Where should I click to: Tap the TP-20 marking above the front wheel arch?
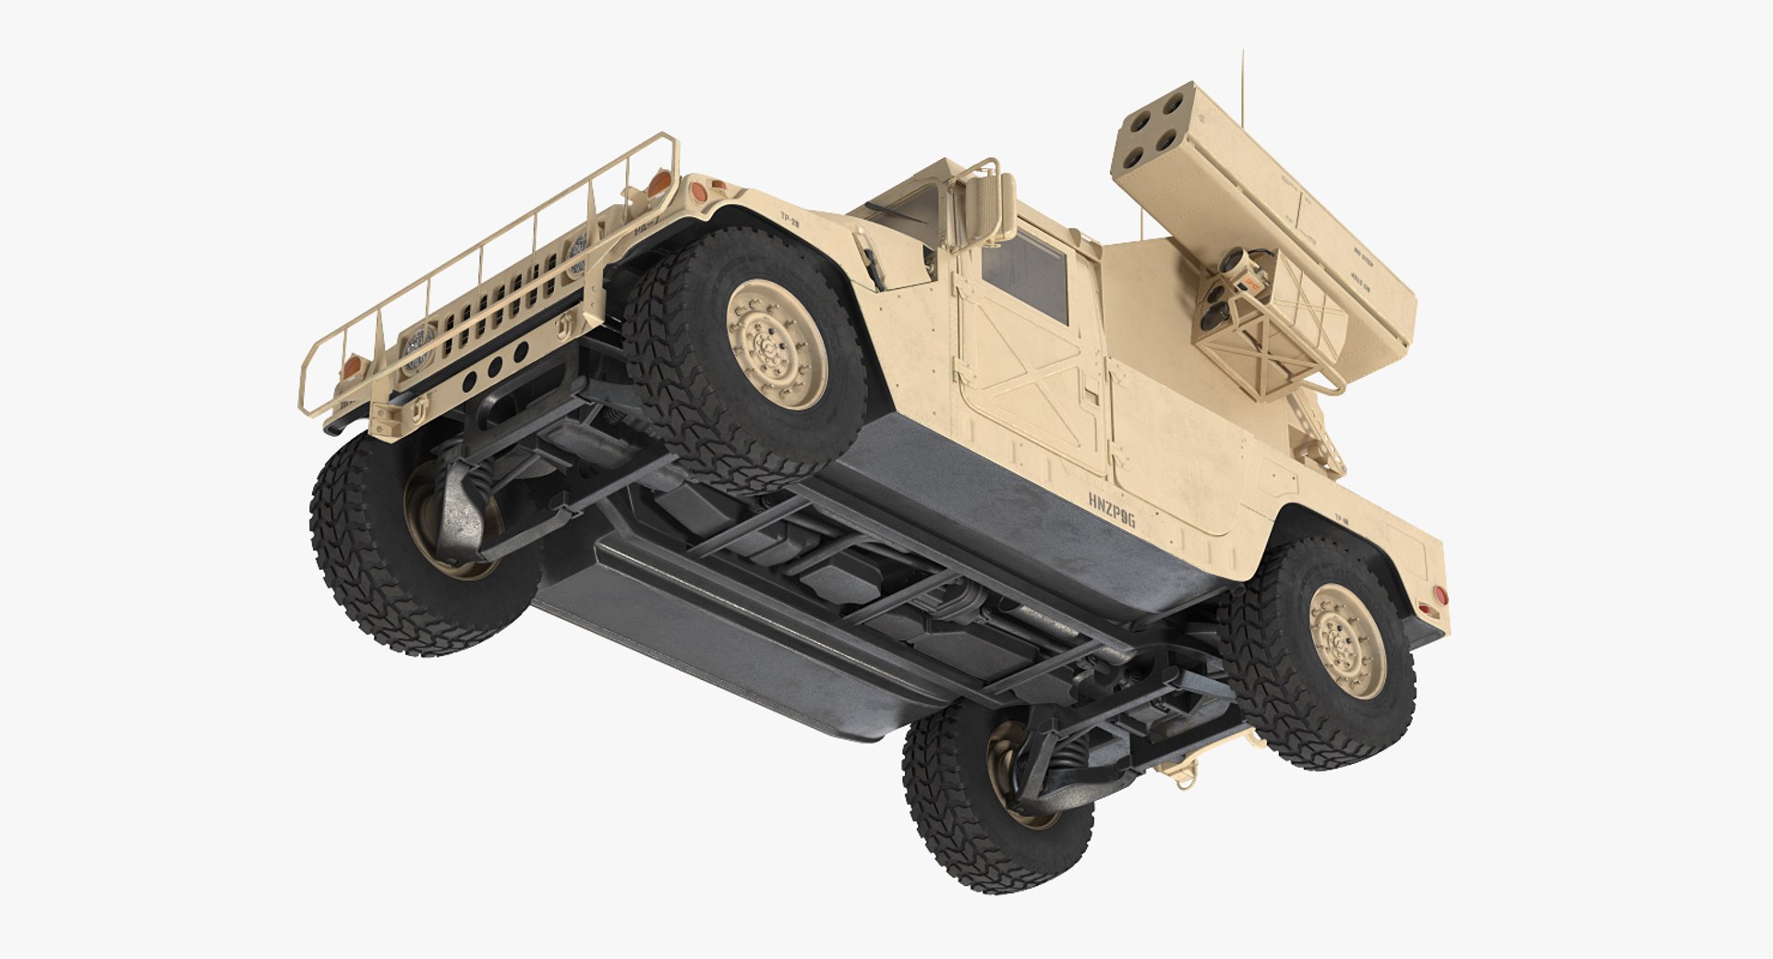pyautogui.click(x=790, y=220)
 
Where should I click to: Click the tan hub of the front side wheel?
pyautogui.click(x=776, y=345)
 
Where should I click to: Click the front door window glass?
pyautogui.click(x=1024, y=273)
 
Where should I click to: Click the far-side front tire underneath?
pyautogui.click(x=406, y=545)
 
